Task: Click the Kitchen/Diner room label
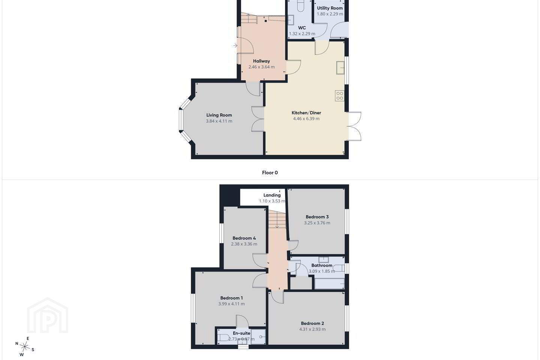(306, 112)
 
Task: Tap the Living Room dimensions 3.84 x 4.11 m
(219, 121)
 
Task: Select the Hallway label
(261, 61)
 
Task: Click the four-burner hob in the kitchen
(339, 96)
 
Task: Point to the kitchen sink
(340, 67)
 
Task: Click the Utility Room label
(330, 8)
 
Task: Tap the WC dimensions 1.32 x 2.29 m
(302, 34)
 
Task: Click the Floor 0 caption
(270, 172)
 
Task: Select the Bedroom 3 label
(317, 217)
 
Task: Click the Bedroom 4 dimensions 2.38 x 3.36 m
(244, 244)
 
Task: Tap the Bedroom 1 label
(231, 298)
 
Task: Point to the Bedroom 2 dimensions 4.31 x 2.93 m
(312, 329)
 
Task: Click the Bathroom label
(322, 265)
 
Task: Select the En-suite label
(241, 333)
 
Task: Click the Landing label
(272, 195)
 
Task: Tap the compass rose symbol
(25, 347)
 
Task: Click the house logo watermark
(48, 315)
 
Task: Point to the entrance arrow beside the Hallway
(235, 45)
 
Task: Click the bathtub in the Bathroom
(329, 283)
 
